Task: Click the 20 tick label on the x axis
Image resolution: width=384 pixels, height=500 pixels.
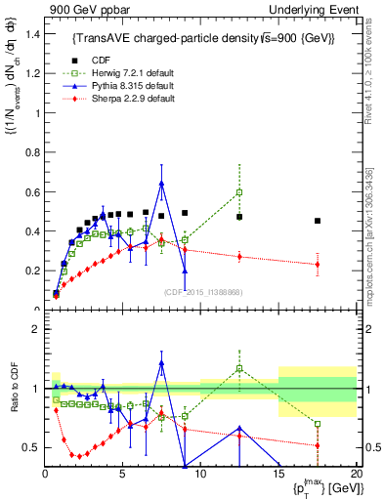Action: click(x=356, y=476)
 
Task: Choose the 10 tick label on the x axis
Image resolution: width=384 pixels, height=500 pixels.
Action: click(x=200, y=476)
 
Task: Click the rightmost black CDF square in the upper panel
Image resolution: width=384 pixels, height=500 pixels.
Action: click(x=318, y=221)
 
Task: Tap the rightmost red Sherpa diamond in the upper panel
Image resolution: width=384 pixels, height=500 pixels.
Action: click(x=318, y=265)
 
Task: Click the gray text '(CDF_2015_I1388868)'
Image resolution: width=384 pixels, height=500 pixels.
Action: click(x=202, y=293)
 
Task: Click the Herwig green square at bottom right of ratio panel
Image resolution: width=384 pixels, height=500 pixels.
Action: click(x=318, y=424)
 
